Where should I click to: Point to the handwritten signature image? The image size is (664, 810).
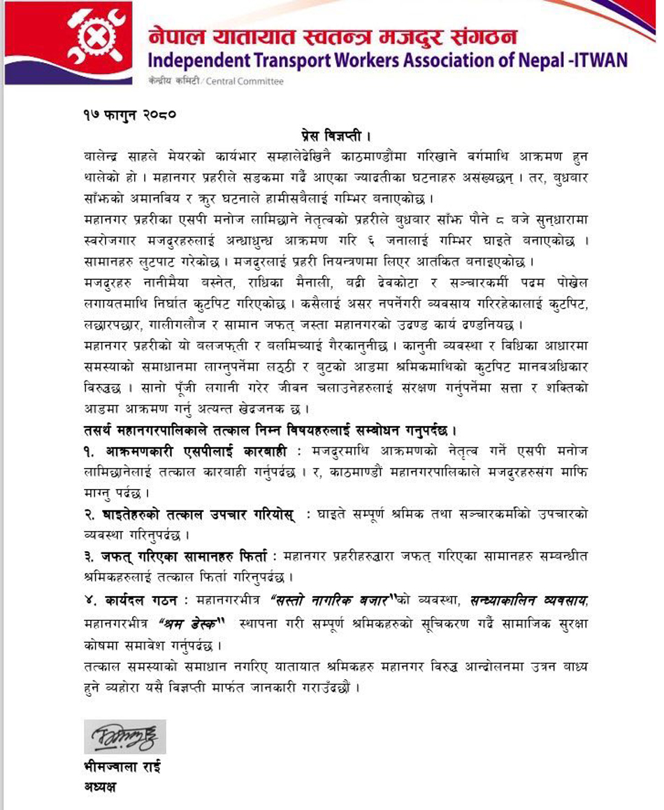click(124, 737)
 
